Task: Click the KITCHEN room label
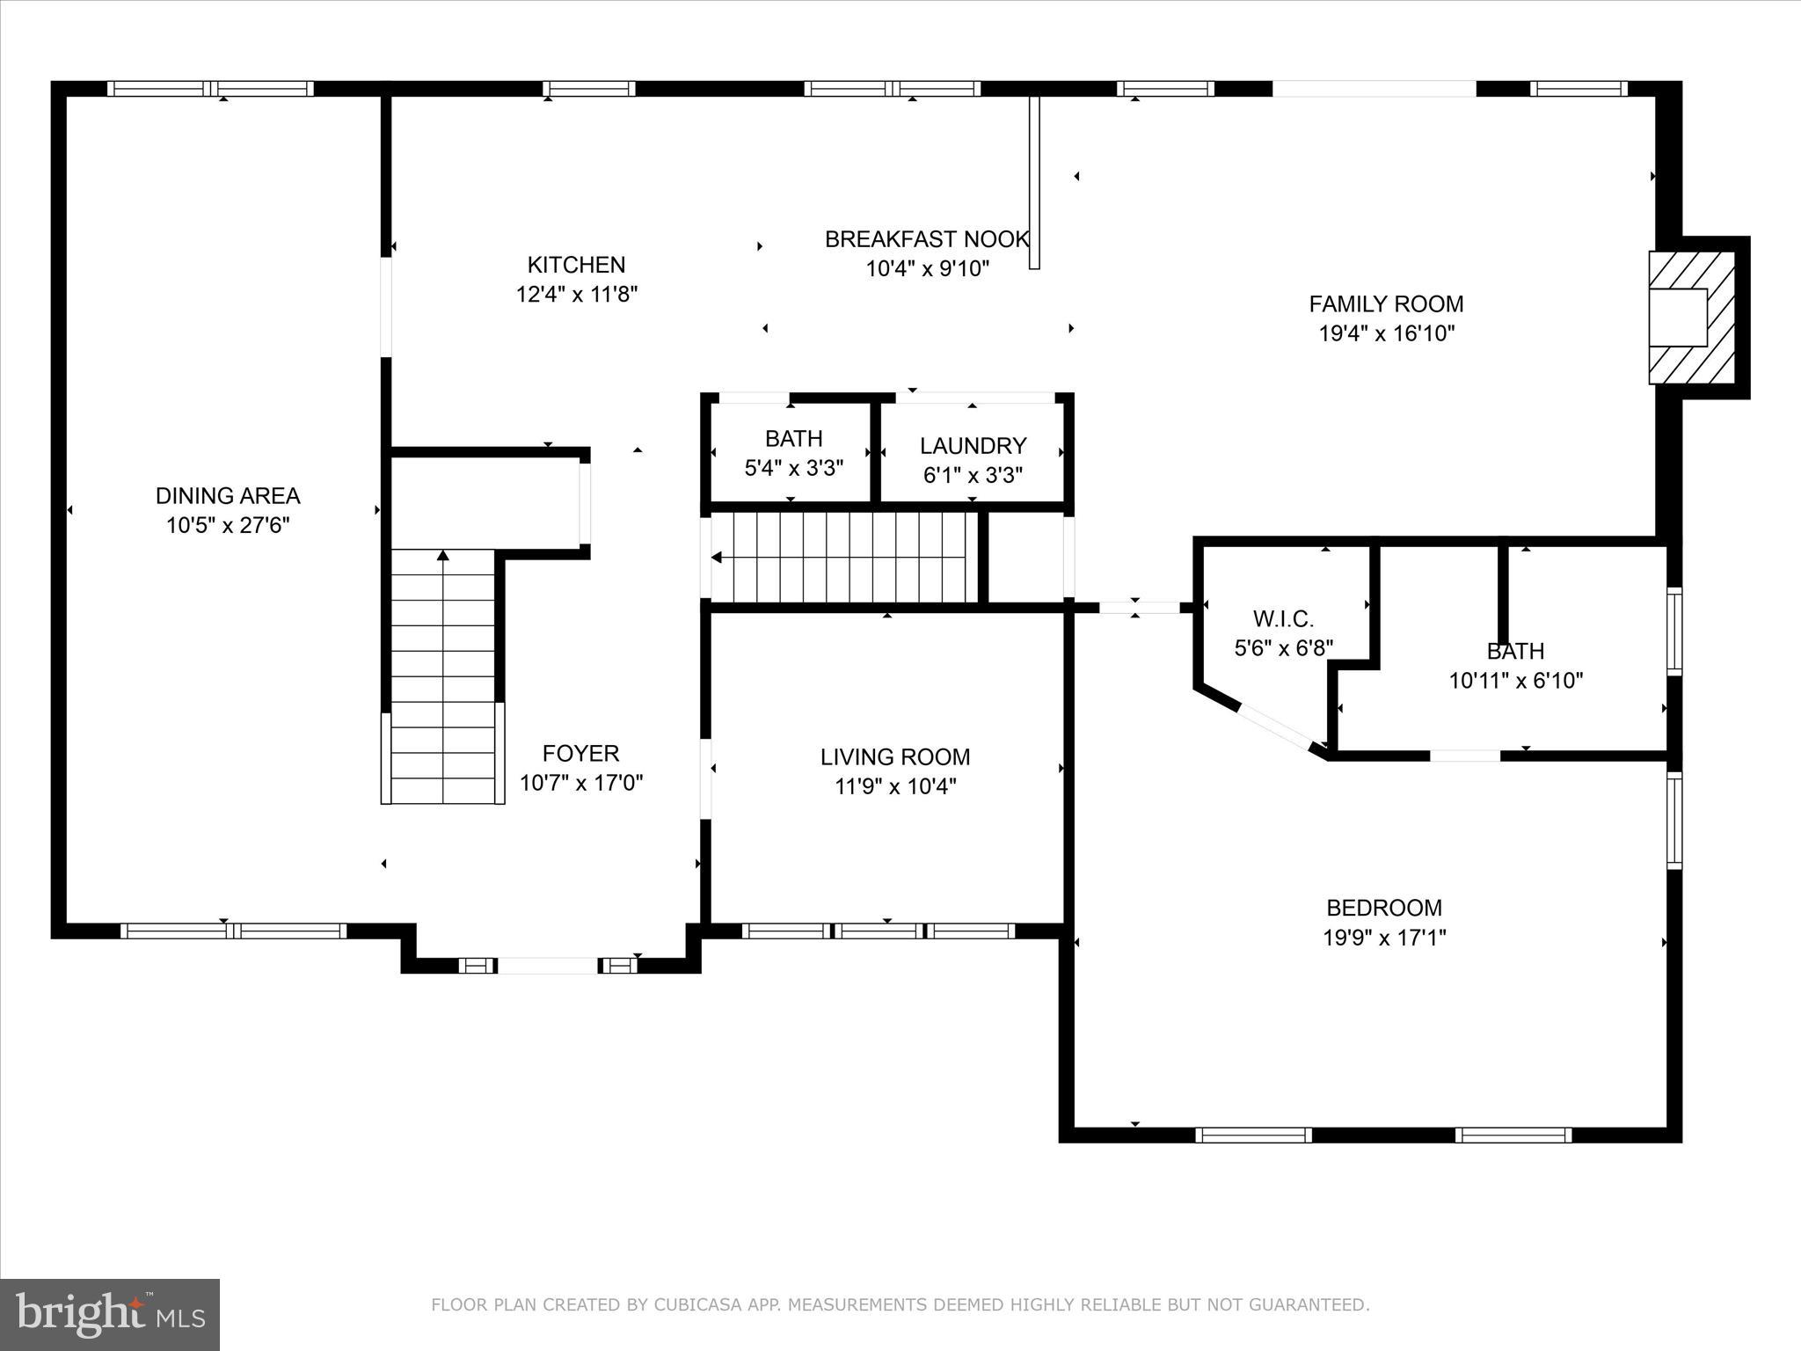(576, 265)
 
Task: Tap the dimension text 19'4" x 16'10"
(1386, 333)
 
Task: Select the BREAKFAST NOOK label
(926, 239)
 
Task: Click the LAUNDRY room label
(973, 445)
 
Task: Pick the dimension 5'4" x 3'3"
(793, 468)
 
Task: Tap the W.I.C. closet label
(1283, 619)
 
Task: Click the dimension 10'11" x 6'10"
(1515, 680)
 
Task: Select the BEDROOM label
(1383, 908)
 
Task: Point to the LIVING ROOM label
(894, 756)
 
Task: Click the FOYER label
(580, 753)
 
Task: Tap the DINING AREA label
(228, 495)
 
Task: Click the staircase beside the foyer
(442, 677)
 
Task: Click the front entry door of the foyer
(548, 966)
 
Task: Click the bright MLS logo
(110, 1313)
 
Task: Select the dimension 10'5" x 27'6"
(228, 525)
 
